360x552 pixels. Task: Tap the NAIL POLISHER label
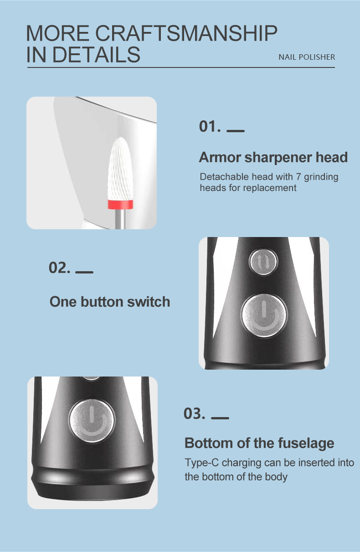point(307,57)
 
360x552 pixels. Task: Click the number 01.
point(210,126)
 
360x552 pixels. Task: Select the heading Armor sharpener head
point(273,157)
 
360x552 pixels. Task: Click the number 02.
point(60,268)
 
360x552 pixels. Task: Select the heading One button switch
point(109,302)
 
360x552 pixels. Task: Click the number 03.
point(195,414)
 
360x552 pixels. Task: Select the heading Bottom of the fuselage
point(259,443)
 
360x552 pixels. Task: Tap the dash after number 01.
point(235,131)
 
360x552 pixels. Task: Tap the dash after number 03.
point(220,418)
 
